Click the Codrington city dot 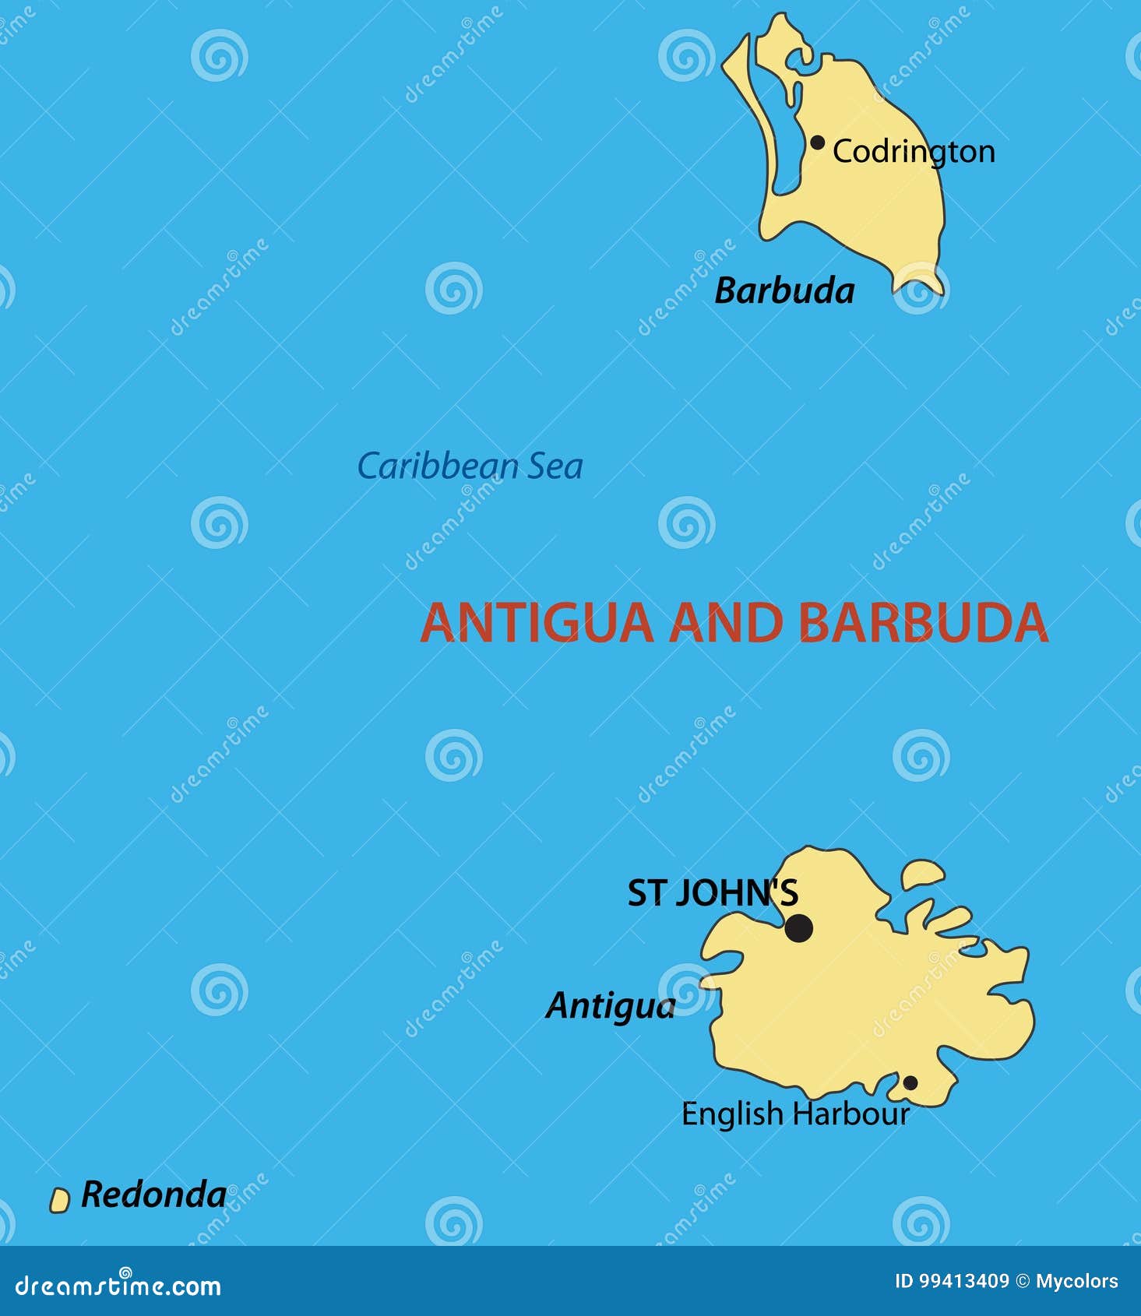click(x=817, y=143)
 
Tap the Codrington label click(x=914, y=152)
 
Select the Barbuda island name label click(x=784, y=291)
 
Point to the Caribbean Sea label click(x=470, y=466)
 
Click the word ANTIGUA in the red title click(x=537, y=623)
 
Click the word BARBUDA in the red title click(x=923, y=623)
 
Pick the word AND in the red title click(x=726, y=623)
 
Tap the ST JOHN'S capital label click(x=713, y=893)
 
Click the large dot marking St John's click(x=798, y=928)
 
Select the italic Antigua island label click(x=610, y=1005)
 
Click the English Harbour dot click(x=909, y=1083)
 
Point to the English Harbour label click(x=795, y=1114)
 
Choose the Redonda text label click(x=153, y=1195)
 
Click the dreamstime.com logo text click(x=118, y=1286)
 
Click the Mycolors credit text click(x=1076, y=1281)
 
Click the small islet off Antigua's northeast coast click(x=923, y=874)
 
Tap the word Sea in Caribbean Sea click(x=555, y=466)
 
